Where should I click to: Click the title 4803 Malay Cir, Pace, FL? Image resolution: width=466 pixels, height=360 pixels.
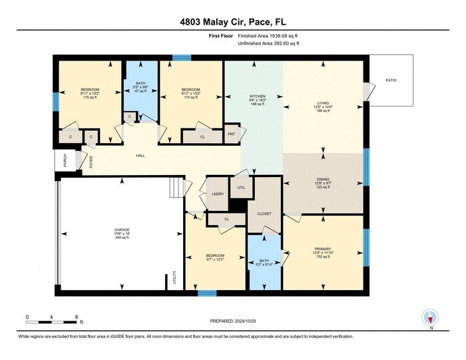tap(232, 21)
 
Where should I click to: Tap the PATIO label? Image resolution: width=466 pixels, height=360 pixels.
tap(391, 80)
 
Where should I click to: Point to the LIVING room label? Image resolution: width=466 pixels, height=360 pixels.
tap(323, 104)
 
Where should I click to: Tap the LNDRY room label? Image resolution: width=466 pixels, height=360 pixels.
tap(217, 194)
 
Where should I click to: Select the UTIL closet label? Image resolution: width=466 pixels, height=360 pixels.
tap(241, 188)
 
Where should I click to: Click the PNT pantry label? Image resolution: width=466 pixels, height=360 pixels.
tap(232, 134)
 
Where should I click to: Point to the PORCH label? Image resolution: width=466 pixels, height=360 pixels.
tap(65, 160)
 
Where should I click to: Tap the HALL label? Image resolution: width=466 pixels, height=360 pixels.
tap(140, 156)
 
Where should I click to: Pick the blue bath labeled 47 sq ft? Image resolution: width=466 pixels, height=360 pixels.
tap(140, 88)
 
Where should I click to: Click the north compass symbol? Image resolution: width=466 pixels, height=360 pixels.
tap(431, 318)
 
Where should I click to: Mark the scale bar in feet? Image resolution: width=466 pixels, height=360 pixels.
tap(53, 322)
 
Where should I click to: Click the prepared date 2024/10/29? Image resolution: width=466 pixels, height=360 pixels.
tap(232, 321)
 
